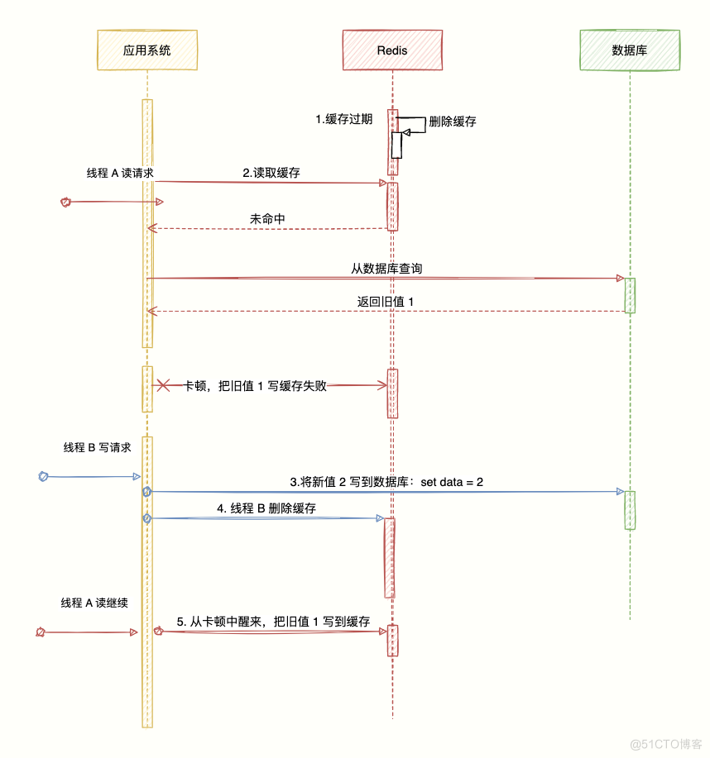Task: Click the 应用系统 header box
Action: [146, 50]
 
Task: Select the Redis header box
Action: [391, 50]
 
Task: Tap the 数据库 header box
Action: [629, 50]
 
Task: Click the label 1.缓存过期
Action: [343, 119]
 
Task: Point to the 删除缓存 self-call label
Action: [452, 122]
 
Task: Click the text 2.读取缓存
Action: [271, 173]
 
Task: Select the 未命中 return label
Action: [267, 219]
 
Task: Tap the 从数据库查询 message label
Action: [387, 269]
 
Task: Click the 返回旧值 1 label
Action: [386, 302]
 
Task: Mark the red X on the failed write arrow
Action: [164, 385]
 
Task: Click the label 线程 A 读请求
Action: [120, 173]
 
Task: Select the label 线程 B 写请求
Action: [97, 447]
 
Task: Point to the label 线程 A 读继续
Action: [94, 603]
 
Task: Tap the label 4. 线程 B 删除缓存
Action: [266, 508]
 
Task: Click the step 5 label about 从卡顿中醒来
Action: [273, 622]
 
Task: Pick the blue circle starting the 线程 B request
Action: [44, 476]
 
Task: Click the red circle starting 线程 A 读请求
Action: [66, 202]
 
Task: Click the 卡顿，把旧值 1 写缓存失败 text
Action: [256, 385]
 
